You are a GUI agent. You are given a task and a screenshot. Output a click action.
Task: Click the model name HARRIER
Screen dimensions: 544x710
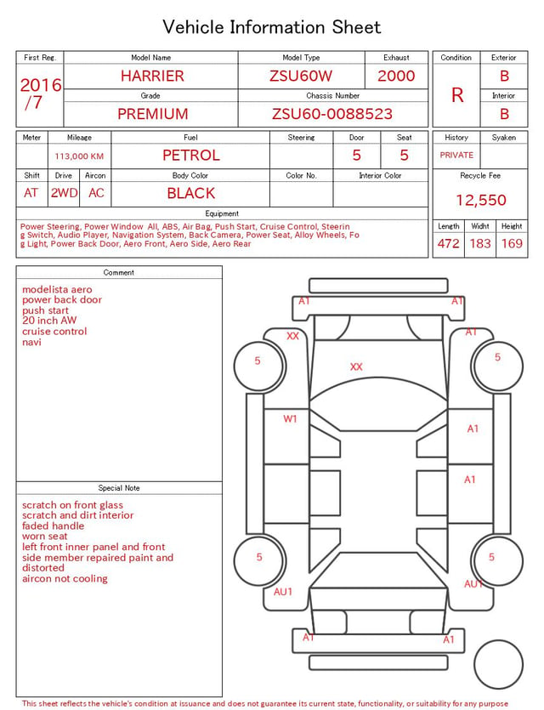coord(152,76)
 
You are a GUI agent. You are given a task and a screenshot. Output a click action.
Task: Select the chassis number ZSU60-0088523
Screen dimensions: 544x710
coord(332,114)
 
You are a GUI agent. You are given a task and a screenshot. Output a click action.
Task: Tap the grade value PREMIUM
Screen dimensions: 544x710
coord(152,114)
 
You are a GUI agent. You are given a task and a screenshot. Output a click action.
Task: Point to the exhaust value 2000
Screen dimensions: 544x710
coord(396,76)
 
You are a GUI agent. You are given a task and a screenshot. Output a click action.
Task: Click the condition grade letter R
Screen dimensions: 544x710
coord(457,95)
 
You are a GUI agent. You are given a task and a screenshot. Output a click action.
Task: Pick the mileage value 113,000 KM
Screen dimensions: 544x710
coord(79,156)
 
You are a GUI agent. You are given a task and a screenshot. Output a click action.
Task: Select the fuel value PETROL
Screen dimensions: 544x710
coord(191,156)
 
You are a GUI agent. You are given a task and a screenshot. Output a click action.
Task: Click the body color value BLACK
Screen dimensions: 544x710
coord(191,193)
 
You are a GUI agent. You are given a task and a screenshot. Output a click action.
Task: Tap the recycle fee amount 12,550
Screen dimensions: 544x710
coord(480,200)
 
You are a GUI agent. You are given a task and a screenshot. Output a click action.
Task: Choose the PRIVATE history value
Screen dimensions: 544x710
coord(456,155)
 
